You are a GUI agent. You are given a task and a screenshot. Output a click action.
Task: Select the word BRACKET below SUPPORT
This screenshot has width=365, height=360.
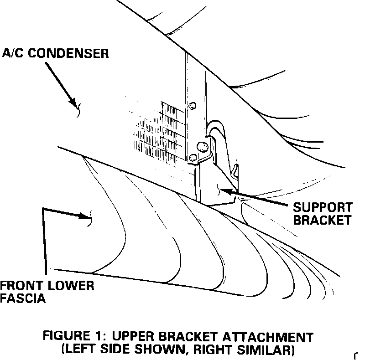click(x=322, y=220)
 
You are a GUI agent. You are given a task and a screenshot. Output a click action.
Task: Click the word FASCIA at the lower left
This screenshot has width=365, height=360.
click(x=22, y=299)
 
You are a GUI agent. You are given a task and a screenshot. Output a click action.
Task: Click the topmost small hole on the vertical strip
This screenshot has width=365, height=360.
click(x=193, y=106)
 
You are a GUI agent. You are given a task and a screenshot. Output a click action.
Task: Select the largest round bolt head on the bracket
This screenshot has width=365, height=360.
click(x=201, y=146)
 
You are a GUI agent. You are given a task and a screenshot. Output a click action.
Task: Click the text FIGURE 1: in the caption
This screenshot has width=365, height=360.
click(x=73, y=338)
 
